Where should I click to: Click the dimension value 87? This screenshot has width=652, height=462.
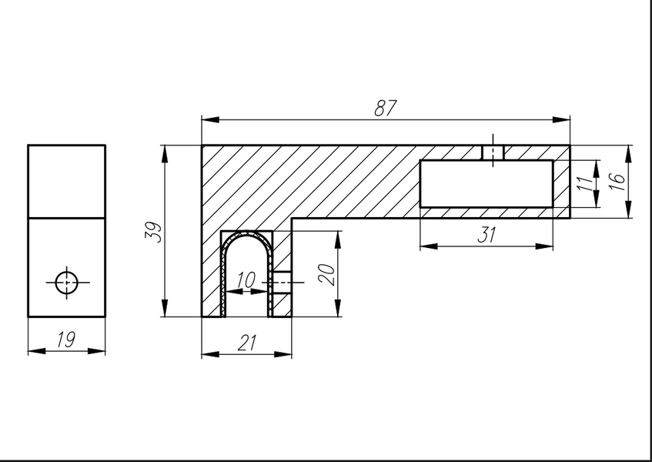click(x=386, y=108)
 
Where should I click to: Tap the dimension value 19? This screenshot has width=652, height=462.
click(x=66, y=340)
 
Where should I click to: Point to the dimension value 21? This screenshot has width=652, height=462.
click(x=247, y=343)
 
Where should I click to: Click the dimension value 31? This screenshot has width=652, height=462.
click(x=486, y=235)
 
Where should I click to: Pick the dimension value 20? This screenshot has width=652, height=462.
click(x=328, y=274)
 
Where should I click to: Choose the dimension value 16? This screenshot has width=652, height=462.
click(x=618, y=181)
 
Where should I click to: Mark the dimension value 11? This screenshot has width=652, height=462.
click(x=585, y=183)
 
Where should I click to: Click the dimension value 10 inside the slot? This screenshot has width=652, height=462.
click(x=246, y=280)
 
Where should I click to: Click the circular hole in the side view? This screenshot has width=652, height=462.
click(x=66, y=283)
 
